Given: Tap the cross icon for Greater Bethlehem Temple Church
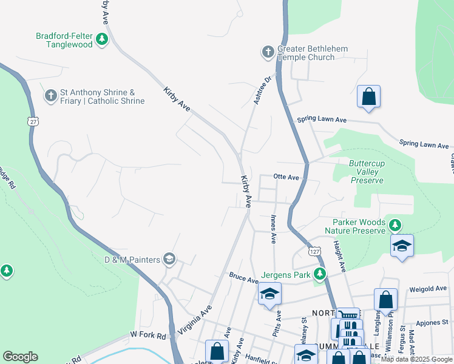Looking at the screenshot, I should (x=268, y=53).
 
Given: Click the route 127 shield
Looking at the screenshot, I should (x=314, y=251).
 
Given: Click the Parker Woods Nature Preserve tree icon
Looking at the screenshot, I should (x=395, y=226).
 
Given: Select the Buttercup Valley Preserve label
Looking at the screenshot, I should (x=366, y=172).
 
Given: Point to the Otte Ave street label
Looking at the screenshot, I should (x=286, y=177).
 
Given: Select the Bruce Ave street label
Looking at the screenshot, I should (x=244, y=278).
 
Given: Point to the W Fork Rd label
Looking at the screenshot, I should (x=147, y=335).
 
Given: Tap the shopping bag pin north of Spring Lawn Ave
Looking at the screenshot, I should (x=368, y=97).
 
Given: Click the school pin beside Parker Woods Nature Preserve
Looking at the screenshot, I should (x=402, y=246).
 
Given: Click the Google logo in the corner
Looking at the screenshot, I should (x=20, y=357).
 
